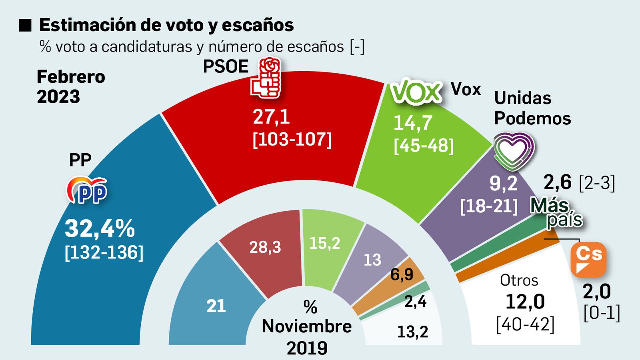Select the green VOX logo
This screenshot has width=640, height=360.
click(x=416, y=92)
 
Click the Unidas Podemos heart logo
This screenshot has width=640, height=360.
click(x=514, y=151)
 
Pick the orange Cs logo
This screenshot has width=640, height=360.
click(x=588, y=259)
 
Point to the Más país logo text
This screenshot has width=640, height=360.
click(x=556, y=212)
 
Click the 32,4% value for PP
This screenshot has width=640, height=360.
click(x=100, y=229)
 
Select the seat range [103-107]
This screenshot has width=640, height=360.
click(x=292, y=140)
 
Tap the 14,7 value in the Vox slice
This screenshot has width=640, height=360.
click(x=413, y=123)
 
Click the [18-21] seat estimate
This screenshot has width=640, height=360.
click(x=489, y=206)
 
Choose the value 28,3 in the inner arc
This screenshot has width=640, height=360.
click(x=265, y=247)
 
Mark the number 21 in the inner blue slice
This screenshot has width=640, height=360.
click(x=216, y=306)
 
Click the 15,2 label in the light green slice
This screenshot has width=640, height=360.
click(x=325, y=243)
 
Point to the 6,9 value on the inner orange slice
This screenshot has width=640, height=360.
click(x=402, y=274)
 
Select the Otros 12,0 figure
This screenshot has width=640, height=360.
click(x=525, y=301)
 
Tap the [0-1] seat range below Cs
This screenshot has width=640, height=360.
click(x=602, y=313)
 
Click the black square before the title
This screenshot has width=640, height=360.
click(x=25, y=25)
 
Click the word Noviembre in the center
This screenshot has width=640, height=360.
click(x=307, y=326)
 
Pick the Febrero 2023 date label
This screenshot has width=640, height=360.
click(x=71, y=86)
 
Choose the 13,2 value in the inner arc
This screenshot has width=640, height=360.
click(x=412, y=332)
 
